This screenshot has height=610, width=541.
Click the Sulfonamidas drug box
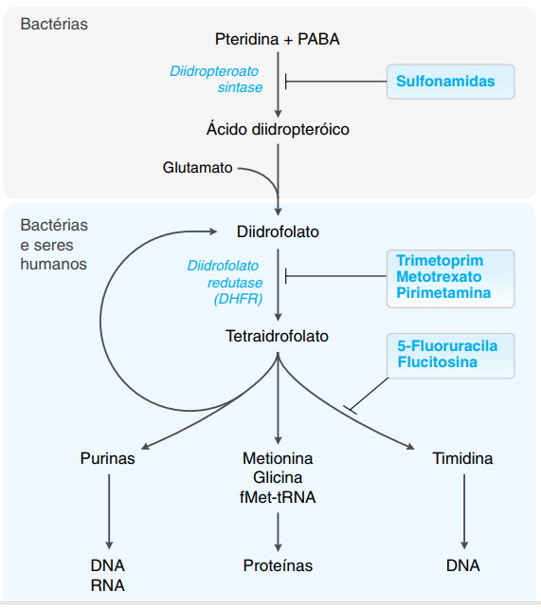[x=450, y=82]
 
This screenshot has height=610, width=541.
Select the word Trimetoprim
[x=440, y=259]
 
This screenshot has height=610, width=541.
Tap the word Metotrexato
[x=439, y=276]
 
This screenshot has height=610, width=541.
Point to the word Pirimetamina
[x=443, y=293]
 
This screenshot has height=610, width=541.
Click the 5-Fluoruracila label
[x=447, y=344]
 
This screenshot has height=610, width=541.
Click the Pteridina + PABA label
[x=278, y=39]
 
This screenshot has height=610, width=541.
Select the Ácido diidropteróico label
[x=278, y=129]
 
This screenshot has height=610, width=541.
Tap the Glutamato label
[x=197, y=168]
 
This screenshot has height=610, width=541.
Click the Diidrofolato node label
[x=278, y=231]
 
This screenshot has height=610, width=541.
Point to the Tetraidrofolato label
[x=278, y=336]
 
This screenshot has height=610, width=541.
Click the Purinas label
[x=108, y=458]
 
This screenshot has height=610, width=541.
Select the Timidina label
[x=462, y=458]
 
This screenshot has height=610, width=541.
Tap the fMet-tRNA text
[x=278, y=494]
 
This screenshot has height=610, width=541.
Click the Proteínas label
[x=278, y=565]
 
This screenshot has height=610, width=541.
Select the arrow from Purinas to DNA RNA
[x=109, y=509]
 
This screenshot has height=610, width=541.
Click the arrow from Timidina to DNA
[x=463, y=509]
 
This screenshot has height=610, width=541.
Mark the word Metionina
[x=278, y=458]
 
